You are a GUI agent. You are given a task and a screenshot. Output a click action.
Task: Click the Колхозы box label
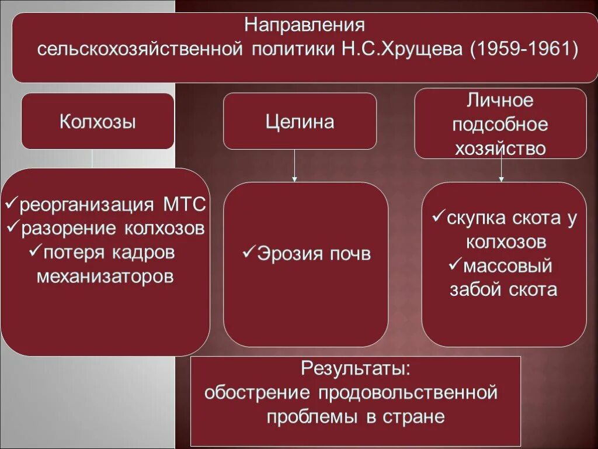[x=98, y=122]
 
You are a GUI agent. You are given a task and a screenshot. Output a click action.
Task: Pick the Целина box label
[x=300, y=122]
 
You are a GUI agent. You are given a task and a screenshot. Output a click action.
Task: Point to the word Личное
[x=500, y=101]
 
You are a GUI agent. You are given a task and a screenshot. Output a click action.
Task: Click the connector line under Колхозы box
[x=93, y=158]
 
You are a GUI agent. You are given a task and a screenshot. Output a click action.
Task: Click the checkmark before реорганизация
[x=11, y=205]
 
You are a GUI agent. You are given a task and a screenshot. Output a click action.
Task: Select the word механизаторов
[x=105, y=276]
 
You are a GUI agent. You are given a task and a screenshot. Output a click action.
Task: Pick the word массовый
[x=507, y=267]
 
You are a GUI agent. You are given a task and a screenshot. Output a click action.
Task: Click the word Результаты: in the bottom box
[x=356, y=369]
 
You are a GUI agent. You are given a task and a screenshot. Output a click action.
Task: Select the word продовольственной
[x=408, y=393]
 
